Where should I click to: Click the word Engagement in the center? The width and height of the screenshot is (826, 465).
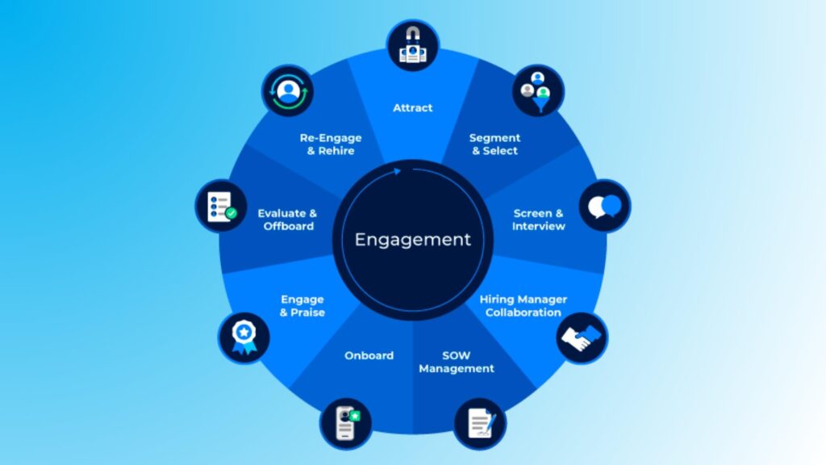(x=412, y=240)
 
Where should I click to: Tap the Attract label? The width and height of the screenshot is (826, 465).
(x=412, y=107)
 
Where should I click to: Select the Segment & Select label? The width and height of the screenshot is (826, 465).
(x=494, y=144)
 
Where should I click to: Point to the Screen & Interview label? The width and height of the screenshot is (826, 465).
(x=538, y=220)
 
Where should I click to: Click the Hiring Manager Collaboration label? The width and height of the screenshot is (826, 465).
(x=523, y=305)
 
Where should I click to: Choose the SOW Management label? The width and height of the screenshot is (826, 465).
(x=456, y=362)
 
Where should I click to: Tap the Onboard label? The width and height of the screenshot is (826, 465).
(x=369, y=355)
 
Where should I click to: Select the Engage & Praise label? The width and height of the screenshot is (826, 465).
(x=302, y=305)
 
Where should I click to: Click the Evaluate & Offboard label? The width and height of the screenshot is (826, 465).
(x=287, y=220)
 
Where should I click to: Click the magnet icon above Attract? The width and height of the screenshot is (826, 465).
(x=413, y=46)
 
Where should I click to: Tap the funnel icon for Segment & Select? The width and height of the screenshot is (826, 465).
(x=538, y=90)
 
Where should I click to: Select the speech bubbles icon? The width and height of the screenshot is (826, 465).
(x=605, y=206)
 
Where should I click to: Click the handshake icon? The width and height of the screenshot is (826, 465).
(x=582, y=337)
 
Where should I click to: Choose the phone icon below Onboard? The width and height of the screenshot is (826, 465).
(x=345, y=422)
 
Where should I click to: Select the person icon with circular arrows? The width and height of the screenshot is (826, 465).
(x=287, y=90)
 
